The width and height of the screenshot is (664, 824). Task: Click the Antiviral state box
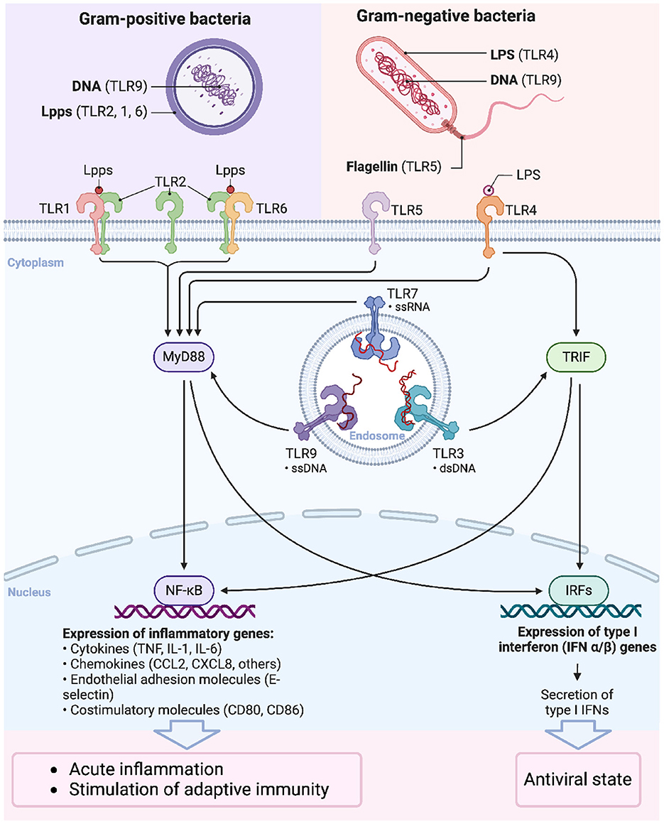tap(577, 779)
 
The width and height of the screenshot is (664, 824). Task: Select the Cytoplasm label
tap(36, 262)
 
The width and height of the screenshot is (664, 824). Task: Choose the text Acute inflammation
tap(146, 769)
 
